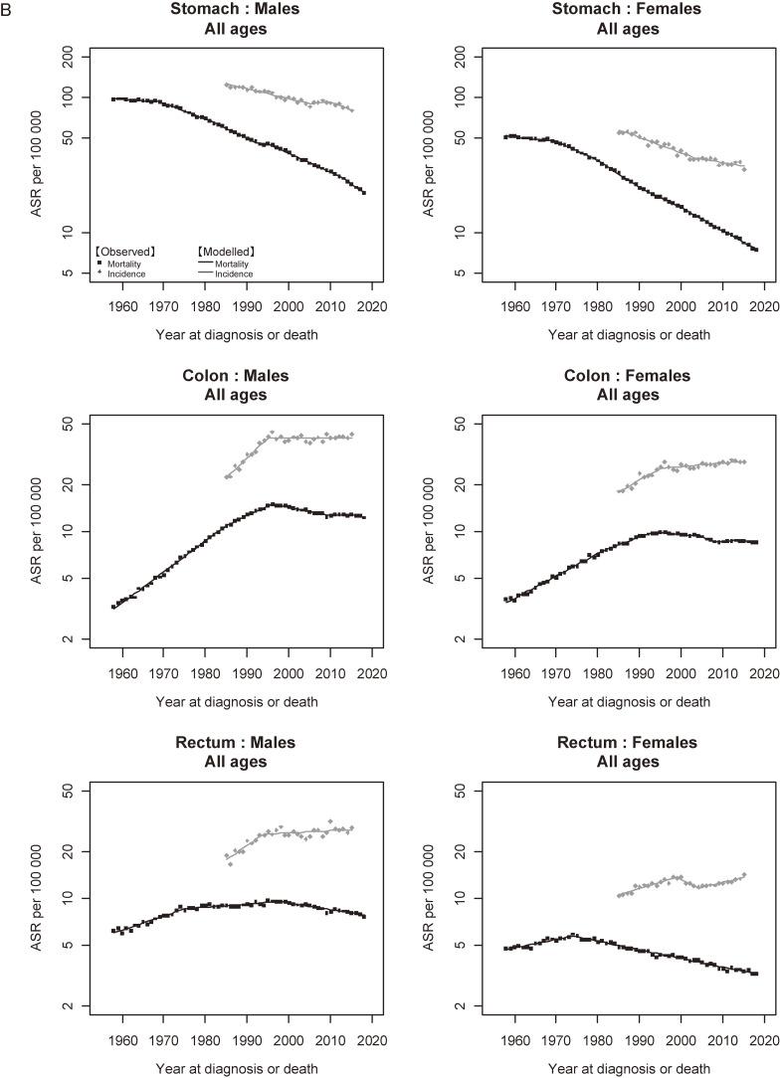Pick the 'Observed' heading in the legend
click(x=122, y=253)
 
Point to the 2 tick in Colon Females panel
click(x=463, y=638)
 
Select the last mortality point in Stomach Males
click(x=364, y=192)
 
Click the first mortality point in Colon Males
click(x=113, y=607)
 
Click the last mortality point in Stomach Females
click(x=756, y=250)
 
